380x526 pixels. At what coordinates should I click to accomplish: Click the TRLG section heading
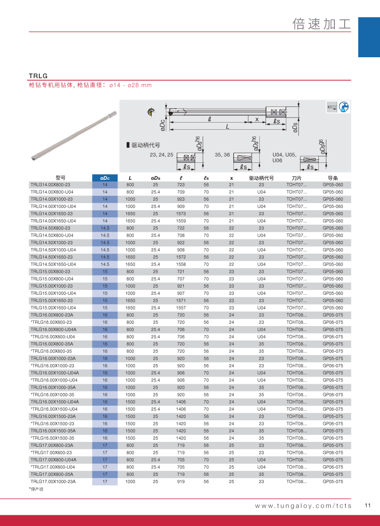pyautogui.click(x=38, y=76)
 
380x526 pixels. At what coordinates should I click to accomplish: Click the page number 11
pyautogui.click(x=368, y=506)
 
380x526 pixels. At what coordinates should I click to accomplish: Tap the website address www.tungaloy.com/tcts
pyautogui.click(x=303, y=506)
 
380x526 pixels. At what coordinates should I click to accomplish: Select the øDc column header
pyautogui.click(x=105, y=178)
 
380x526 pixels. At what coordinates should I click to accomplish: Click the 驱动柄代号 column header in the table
pyautogui.click(x=261, y=178)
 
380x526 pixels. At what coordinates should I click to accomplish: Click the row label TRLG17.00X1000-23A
pyautogui.click(x=53, y=482)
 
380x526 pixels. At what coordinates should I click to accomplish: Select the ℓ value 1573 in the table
pyautogui.click(x=181, y=214)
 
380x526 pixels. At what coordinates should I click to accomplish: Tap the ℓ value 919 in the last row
pyautogui.click(x=181, y=482)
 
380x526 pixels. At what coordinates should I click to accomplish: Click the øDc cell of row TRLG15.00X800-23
pyautogui.click(x=105, y=271)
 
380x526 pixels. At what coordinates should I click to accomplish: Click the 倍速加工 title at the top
pyautogui.click(x=321, y=24)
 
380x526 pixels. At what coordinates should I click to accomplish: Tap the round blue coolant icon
pyautogui.click(x=344, y=107)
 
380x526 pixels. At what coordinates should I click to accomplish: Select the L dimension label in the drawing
pyautogui.click(x=227, y=127)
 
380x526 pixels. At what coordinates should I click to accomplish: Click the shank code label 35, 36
pyautogui.click(x=222, y=155)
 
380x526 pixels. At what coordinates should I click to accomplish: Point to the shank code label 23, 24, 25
pyautogui.click(x=161, y=155)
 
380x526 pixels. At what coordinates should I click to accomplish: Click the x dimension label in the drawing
pyautogui.click(x=257, y=119)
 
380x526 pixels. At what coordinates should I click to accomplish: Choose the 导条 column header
pyautogui.click(x=333, y=178)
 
